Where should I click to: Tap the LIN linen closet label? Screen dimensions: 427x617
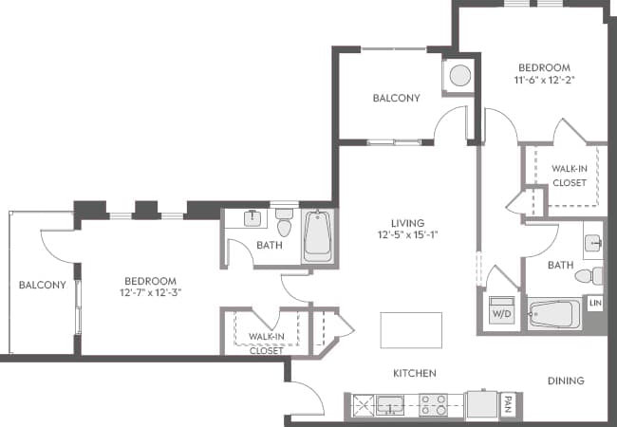(x=595, y=303)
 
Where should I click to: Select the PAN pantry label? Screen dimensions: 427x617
(x=509, y=404)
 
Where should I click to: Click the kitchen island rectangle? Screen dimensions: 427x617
(x=410, y=330)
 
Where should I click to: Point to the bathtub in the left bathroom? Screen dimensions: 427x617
(x=317, y=236)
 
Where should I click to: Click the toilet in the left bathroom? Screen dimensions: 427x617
(x=284, y=227)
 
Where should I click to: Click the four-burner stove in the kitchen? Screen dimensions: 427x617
(x=434, y=405)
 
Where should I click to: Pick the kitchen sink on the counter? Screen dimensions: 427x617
(x=388, y=405)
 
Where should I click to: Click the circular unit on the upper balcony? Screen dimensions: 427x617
(x=460, y=75)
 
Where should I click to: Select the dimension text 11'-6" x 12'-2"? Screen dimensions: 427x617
(x=544, y=80)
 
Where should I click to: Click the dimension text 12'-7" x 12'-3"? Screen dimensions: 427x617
(x=151, y=293)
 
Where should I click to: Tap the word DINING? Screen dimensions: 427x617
(x=566, y=381)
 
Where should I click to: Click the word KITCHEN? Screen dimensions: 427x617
(x=415, y=373)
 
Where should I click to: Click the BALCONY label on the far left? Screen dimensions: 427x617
(x=42, y=285)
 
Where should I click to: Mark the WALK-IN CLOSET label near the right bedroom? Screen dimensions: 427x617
(x=569, y=176)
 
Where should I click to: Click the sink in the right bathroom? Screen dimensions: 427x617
(x=592, y=243)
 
